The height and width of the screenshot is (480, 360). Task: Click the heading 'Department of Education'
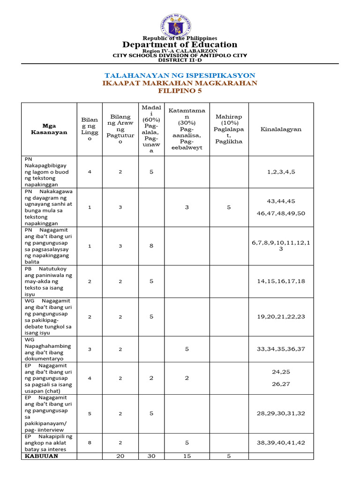tap(180, 45)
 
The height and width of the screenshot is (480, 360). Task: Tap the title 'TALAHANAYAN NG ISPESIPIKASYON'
tap(180, 75)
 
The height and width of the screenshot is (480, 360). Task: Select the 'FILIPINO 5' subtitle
tap(180, 91)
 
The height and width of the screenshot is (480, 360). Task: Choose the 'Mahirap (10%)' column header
tap(229, 129)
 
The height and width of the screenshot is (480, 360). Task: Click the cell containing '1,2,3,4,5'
tap(281, 172)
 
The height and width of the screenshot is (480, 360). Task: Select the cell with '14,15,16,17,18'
tap(281, 281)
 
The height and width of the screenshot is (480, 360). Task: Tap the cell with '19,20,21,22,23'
tap(281, 316)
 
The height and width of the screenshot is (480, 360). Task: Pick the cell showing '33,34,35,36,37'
tap(281, 349)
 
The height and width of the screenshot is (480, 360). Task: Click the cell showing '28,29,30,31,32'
tap(281, 413)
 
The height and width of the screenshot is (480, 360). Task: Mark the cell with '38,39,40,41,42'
tap(281, 442)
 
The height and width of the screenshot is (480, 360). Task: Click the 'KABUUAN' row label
tap(41, 456)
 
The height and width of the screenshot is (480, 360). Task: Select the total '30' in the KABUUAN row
tap(151, 456)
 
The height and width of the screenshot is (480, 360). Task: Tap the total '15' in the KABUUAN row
tap(187, 456)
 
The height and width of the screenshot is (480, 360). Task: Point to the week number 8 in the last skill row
tap(90, 442)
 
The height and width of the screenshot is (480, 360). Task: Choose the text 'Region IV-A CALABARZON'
tap(180, 51)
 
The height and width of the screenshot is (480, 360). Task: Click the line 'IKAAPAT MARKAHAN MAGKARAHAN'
tap(180, 83)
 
